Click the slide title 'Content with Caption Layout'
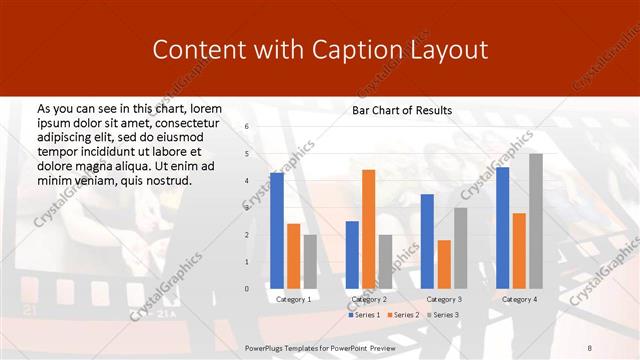click(319, 49)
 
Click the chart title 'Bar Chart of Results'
click(402, 110)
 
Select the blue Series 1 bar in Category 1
click(276, 230)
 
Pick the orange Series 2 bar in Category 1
click(293, 256)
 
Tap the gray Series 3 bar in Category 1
click(310, 261)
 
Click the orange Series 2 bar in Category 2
click(368, 229)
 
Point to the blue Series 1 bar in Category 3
click(427, 241)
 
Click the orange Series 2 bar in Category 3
click(444, 264)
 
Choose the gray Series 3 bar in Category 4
click(536, 220)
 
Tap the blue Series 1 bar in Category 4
click(502, 227)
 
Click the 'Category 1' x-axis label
click(293, 299)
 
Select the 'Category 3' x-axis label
click(444, 299)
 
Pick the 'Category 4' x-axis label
click(519, 299)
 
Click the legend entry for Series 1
click(365, 315)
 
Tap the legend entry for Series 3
click(441, 315)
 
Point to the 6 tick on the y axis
click(247, 127)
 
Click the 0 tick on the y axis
click(247, 289)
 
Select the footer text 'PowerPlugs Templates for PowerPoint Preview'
click(320, 347)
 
